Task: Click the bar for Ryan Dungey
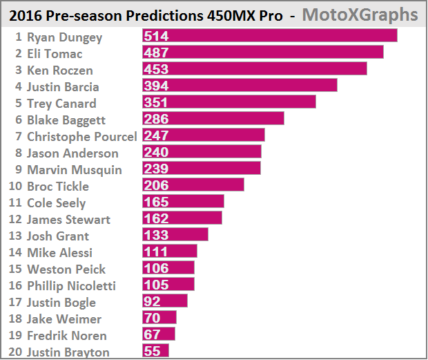269,36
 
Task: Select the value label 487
157,53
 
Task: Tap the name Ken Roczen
59,70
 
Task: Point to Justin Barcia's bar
240,86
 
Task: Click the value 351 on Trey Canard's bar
157,102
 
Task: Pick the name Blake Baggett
66,120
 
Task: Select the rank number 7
19,136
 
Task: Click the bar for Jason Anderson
202,152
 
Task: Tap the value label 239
157,169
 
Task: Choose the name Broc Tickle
58,186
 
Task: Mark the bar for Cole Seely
183,202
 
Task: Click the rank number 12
15,220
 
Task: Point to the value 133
157,235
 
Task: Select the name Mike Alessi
59,253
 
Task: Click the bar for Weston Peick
168,268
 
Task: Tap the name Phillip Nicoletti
71,286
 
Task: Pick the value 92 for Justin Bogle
153,301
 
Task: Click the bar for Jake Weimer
159,318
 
